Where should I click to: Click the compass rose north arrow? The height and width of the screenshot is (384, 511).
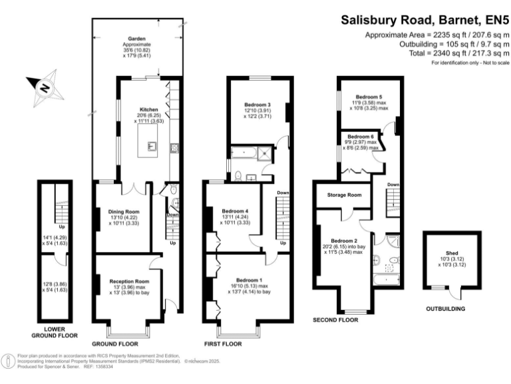[x=43, y=87]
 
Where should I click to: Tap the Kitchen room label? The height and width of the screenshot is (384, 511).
[x=148, y=109]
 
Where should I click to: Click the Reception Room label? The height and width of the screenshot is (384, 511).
[x=129, y=281]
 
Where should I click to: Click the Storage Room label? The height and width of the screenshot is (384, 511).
[x=345, y=195]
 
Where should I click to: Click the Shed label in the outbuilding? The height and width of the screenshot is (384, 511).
[x=452, y=252]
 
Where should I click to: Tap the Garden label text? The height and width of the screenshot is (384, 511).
[x=137, y=39]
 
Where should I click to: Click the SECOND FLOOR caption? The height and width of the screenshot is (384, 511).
[x=335, y=320]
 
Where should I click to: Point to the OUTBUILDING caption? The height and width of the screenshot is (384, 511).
[x=444, y=309]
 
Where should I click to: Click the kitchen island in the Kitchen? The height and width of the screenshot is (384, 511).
[x=148, y=143]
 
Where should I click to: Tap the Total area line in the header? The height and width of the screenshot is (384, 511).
[x=435, y=53]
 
